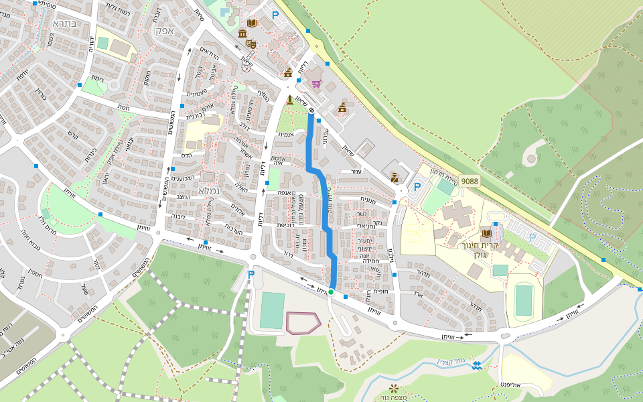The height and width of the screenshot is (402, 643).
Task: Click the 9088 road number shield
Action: pos(470,181)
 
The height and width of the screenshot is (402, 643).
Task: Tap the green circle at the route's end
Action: pos(331,292)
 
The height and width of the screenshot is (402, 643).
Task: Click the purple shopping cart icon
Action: pos(316,84)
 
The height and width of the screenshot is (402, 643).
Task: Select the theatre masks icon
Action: pos(251,44)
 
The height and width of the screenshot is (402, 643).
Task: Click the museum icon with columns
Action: pos(241,33)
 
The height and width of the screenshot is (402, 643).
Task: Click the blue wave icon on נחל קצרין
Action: pos(476,365)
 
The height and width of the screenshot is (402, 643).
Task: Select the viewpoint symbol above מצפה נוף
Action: pos(393,388)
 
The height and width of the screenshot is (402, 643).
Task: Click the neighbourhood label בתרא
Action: pos(65,23)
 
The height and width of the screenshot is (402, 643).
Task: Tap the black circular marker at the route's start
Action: pos(311,110)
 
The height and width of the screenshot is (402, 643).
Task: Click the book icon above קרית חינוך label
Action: pos(486,232)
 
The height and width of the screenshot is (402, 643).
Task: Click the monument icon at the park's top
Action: pos(290,100)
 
